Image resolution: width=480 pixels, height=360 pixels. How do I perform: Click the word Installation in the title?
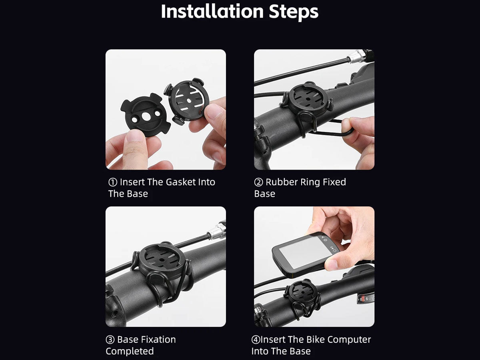(x=212, y=11)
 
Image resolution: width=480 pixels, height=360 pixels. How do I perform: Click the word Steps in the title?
(x=294, y=12)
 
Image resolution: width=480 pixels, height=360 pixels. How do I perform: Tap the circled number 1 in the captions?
(x=113, y=182)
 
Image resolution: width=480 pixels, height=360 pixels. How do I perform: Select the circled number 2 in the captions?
(x=258, y=182)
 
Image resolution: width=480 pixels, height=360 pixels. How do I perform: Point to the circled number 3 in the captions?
(x=110, y=340)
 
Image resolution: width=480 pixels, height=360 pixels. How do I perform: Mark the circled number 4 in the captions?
(x=256, y=340)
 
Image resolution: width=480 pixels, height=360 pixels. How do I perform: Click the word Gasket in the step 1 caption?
(x=180, y=182)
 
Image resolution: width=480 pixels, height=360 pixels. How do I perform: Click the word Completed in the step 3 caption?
(x=130, y=351)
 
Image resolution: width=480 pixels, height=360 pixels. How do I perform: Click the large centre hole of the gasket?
(x=146, y=116)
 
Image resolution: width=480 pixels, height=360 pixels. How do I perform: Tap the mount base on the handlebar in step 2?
(x=307, y=100)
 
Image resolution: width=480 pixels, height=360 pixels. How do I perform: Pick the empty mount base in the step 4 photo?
(x=303, y=293)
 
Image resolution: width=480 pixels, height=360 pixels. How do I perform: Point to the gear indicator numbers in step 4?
(x=366, y=298)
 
